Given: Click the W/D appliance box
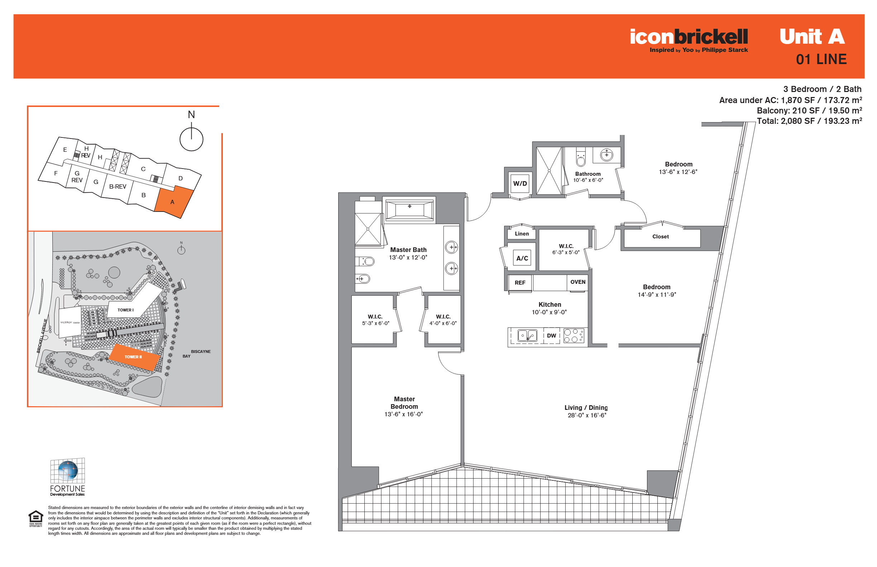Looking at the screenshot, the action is click(x=520, y=183).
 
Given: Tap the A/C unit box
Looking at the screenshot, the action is click(x=522, y=258).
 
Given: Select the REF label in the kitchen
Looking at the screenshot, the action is click(x=519, y=283).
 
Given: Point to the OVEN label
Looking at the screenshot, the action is click(x=578, y=282).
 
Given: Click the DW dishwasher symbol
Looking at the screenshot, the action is click(x=551, y=335).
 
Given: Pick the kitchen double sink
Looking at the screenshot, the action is click(x=527, y=335).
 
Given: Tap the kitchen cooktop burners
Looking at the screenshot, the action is click(x=574, y=335).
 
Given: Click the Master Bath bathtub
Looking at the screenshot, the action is click(x=409, y=210).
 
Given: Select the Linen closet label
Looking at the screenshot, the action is click(x=522, y=234).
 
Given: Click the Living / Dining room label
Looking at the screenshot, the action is click(x=586, y=408).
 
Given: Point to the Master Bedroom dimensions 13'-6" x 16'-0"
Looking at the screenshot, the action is click(x=403, y=414).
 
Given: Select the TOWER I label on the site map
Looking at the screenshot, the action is click(x=125, y=310).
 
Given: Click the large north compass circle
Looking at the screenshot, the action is click(x=191, y=139).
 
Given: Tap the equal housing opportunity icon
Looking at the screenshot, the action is click(x=36, y=519).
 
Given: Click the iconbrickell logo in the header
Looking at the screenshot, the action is click(x=689, y=40).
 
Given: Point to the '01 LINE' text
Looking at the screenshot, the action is click(x=821, y=59).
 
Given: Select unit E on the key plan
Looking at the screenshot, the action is click(x=65, y=150).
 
